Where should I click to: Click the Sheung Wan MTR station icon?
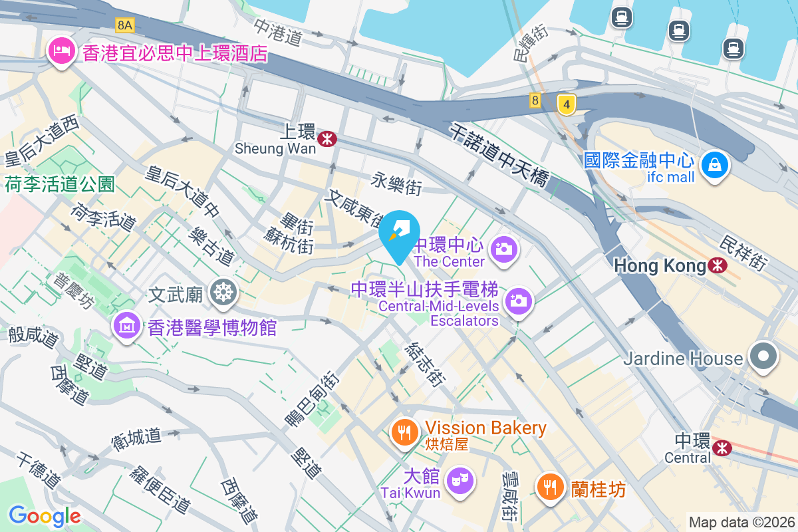[327, 138]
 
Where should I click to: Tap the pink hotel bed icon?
[61, 52]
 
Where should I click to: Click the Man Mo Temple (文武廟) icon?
[224, 293]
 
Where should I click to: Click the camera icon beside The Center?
[503, 250]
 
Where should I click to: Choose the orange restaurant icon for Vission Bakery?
[403, 433]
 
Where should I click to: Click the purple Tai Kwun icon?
[458, 479]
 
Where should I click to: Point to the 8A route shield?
[124, 25]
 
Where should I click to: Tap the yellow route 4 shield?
[566, 104]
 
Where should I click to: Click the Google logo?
[45, 515]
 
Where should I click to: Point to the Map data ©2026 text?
[741, 522]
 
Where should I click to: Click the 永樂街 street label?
[396, 184]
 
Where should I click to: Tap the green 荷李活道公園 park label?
[61, 184]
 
